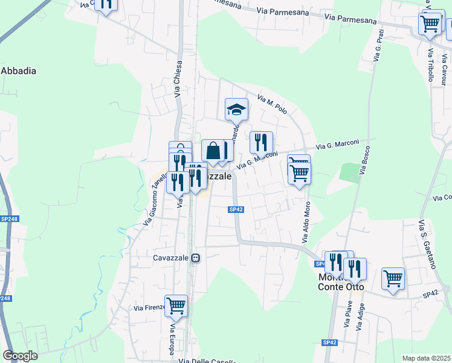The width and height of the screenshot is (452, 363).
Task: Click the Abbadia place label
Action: click(19, 71)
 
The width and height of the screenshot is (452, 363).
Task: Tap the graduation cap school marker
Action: click(236, 110)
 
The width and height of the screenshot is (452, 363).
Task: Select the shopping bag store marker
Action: click(213, 151)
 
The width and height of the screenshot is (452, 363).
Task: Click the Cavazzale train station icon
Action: click(195, 258)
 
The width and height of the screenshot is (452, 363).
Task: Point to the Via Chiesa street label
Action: click(178, 79)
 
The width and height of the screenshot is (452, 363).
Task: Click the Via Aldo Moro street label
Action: click(306, 221)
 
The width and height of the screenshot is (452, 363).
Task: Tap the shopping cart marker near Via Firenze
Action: click(176, 306)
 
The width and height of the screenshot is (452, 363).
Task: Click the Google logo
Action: click(20, 356)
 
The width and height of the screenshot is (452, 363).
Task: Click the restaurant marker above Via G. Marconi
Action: click(261, 142)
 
